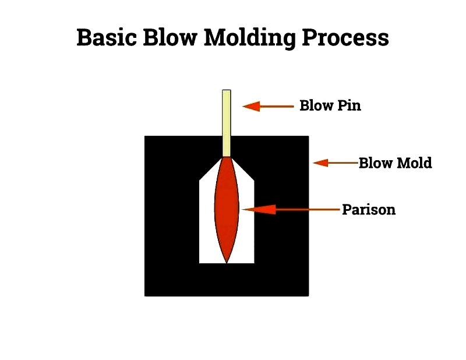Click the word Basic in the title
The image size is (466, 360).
coord(107,37)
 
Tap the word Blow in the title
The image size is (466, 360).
coord(170,37)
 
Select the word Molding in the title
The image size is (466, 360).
coord(250,38)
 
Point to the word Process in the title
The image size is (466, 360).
coord(345,37)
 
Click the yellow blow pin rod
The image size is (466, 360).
coord(227,123)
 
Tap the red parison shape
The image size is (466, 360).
coord(227,210)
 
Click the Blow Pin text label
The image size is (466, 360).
coord(330,105)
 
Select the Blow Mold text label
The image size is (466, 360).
coord(396,163)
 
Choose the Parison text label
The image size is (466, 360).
coord(369,210)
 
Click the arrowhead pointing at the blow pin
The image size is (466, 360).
coord(251,107)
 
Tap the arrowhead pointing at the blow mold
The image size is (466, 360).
coord(321,163)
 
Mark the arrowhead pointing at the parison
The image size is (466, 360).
coord(259,210)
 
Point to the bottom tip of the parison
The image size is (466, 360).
coord(227,263)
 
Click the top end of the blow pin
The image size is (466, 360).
coord(227,90)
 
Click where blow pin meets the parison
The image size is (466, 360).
coord(227,157)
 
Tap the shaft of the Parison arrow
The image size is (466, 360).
coord(308,210)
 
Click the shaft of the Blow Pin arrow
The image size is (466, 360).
coord(277,107)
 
